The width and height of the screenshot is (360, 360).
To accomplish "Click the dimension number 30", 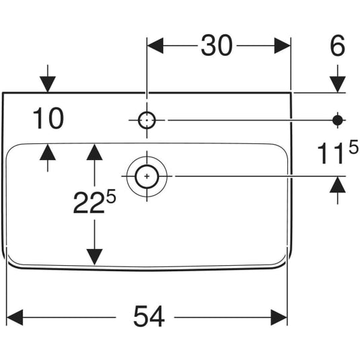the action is coord(217,46).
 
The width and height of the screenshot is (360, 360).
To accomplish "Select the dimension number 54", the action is coord(149,316).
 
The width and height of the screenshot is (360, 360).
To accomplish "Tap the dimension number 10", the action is coord(48,118).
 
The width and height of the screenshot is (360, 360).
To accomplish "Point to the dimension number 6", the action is coord(337,46).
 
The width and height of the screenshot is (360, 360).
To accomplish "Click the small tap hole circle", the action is coord(147,120).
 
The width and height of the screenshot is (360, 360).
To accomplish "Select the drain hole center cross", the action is coord(147,176).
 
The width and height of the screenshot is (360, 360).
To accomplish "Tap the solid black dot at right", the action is coord(337,120).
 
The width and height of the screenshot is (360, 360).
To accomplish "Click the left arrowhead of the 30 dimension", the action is coord(155,46).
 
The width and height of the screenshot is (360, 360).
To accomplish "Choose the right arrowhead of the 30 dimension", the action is coord(283,46).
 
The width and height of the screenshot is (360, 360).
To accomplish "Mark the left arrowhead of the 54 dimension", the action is coord(15,318).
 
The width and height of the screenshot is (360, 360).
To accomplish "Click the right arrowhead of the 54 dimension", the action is coord(279,318).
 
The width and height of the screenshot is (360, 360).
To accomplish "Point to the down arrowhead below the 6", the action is coord(338,85).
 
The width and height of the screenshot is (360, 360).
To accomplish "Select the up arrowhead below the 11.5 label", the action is coord(338,184).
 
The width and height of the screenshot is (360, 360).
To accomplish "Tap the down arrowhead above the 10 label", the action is coord(48,85).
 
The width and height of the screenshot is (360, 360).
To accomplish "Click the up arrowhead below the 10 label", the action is coord(48,152).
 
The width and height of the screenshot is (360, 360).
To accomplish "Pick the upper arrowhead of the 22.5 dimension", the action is coord(94,152).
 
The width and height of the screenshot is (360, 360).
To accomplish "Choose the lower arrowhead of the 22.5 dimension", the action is coord(94,257).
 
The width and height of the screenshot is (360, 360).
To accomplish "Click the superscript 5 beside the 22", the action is coord(111,197).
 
